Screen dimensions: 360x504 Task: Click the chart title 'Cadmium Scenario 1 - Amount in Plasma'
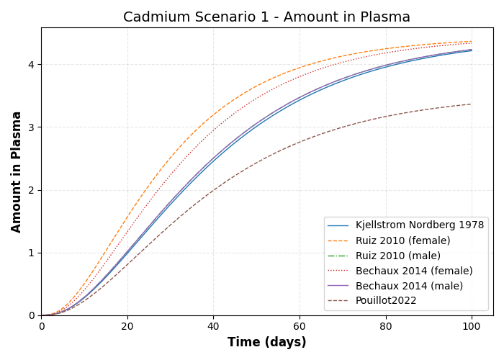tap(266, 17)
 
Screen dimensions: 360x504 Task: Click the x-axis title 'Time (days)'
tap(266, 343)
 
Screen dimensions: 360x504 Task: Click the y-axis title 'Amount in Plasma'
tap(17, 171)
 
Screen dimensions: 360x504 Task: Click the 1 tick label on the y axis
tap(31, 253)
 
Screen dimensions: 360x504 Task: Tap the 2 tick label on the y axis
tap(31, 190)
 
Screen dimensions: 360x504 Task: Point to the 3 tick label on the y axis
tap(31, 127)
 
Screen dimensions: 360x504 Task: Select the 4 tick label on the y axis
tap(31, 65)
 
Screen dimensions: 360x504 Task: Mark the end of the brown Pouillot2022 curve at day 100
tap(472, 104)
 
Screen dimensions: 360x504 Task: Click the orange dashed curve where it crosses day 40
tap(213, 114)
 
